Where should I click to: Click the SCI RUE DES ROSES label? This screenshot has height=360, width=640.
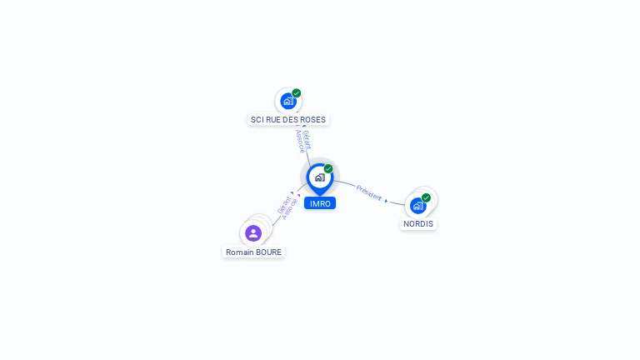[x=288, y=119]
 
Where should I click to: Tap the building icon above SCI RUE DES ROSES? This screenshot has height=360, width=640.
[x=288, y=102]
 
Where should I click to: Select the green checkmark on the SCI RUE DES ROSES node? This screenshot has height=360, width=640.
[x=297, y=93]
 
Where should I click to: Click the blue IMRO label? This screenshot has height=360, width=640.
[x=320, y=203]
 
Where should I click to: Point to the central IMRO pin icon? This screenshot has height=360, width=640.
[x=319, y=177]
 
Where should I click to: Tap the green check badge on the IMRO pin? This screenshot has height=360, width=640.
[x=328, y=169]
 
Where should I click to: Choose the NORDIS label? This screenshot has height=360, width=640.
[x=418, y=223]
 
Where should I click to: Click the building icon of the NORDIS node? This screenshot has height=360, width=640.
[x=417, y=205]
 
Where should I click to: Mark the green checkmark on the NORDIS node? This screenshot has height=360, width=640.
[x=426, y=197]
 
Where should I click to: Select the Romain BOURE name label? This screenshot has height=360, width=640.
[x=254, y=252]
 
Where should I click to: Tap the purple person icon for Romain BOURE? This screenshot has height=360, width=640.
[x=253, y=233]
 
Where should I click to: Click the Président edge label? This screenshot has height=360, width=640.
[x=369, y=192]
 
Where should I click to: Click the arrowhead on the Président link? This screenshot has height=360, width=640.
[x=386, y=200]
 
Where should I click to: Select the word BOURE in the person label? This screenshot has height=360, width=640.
[x=268, y=252]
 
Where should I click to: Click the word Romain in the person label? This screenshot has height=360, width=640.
[x=240, y=252]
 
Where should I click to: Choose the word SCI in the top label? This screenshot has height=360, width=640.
[x=257, y=119]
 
